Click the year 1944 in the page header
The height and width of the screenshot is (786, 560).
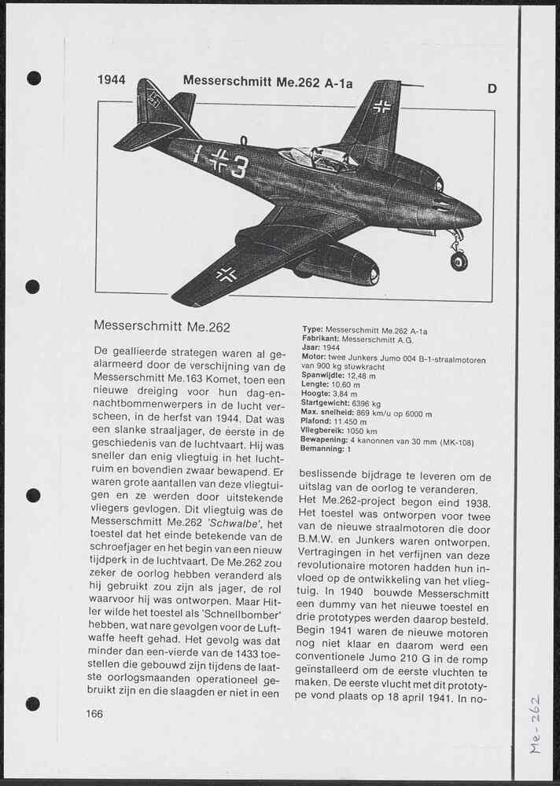pos(111,80)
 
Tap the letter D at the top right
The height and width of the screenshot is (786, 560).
pos(492,89)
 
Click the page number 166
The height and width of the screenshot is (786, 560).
pos(94,714)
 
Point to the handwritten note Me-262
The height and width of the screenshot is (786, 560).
pos(536,724)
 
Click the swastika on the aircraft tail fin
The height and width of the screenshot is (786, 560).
pos(153,99)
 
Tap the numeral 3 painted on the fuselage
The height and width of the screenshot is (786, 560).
pos(239,166)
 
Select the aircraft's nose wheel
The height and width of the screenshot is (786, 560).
pos(459,260)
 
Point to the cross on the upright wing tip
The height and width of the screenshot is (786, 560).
pos(381,106)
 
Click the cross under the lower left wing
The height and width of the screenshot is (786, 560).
pos(226,274)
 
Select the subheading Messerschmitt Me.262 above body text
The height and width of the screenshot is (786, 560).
pos(162,325)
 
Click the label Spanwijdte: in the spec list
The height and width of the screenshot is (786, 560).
pos(322,376)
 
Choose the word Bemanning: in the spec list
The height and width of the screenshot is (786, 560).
pos(322,450)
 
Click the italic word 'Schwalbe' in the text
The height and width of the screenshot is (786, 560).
pos(235,523)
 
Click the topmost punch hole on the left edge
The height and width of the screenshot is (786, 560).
pos(34,78)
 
